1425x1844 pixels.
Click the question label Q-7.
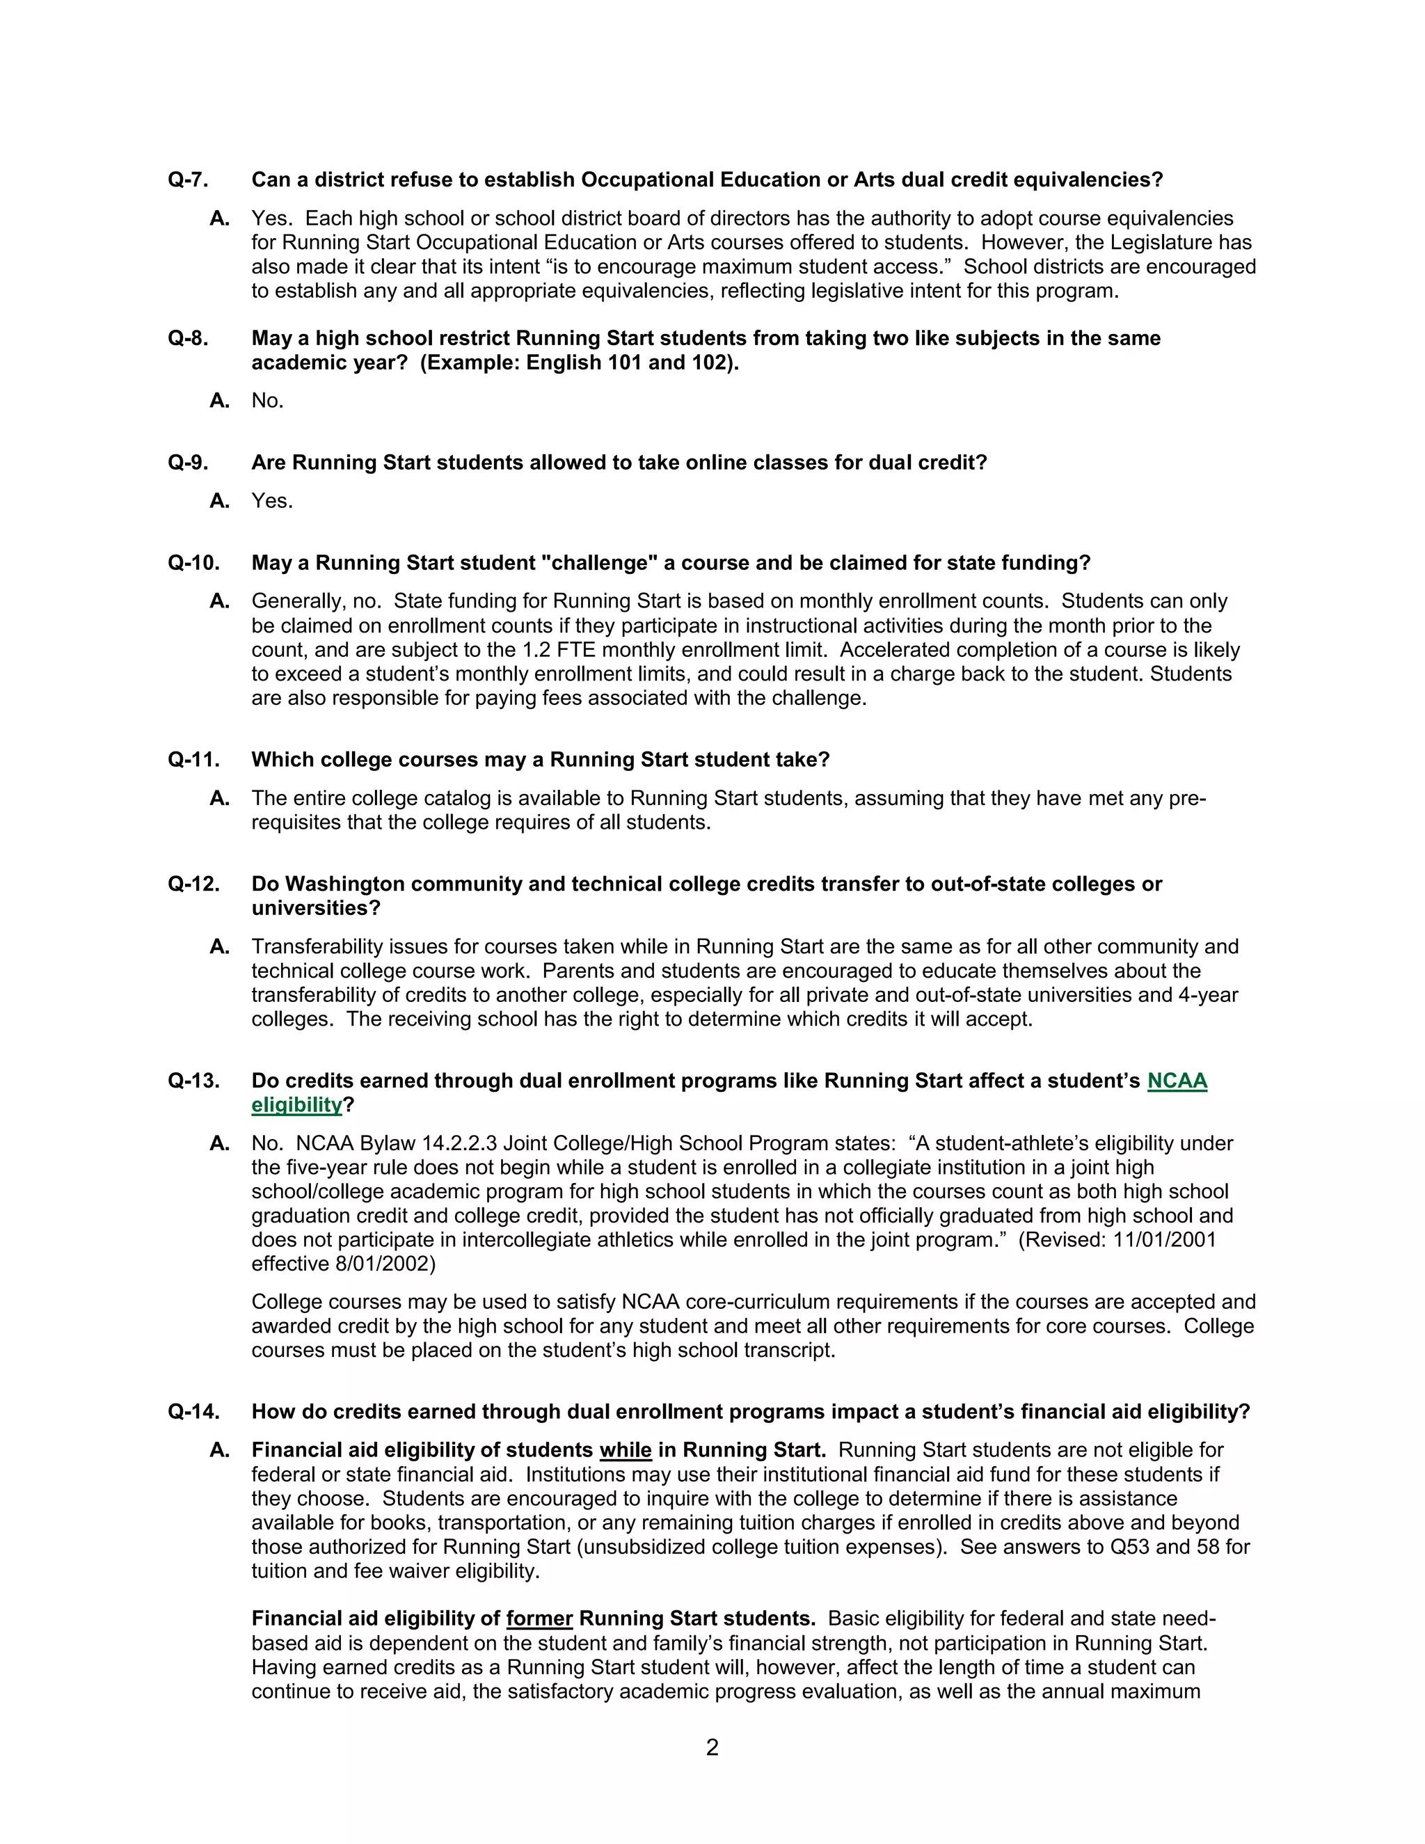tap(187, 180)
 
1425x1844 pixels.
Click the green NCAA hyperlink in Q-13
tap(1177, 1081)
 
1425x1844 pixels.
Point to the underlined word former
tap(539, 1619)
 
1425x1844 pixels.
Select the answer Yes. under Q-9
tap(272, 501)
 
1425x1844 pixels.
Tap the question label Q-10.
tap(193, 563)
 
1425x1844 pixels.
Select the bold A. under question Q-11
tap(219, 798)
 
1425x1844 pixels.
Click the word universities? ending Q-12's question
tap(316, 909)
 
